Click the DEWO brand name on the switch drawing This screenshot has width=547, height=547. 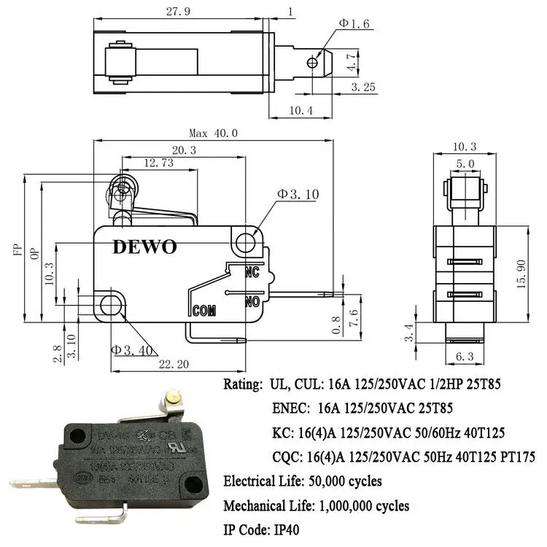[x=144, y=247]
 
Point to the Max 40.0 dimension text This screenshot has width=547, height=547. [x=214, y=133]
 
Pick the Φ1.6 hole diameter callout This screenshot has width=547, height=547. [x=354, y=23]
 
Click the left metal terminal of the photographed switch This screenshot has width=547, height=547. [x=33, y=483]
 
